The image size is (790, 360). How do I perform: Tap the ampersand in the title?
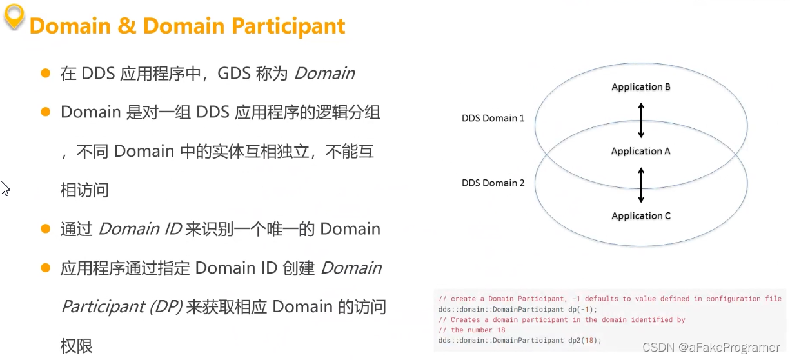[x=123, y=26]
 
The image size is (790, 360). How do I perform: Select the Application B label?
[x=640, y=87]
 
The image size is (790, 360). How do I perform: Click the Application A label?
[x=640, y=151]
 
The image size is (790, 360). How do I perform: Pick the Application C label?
[x=640, y=215]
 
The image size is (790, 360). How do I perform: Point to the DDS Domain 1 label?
[x=493, y=118]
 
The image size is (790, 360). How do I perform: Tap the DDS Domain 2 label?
[x=493, y=183]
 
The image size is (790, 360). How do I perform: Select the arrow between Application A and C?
[x=640, y=185]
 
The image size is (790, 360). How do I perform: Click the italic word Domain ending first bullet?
[x=324, y=74]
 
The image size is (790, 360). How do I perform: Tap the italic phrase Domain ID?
[x=139, y=229]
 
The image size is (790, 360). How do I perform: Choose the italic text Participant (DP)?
[x=122, y=306]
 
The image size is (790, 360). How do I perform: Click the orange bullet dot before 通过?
[x=46, y=228]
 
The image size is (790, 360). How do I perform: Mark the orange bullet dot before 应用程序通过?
[x=46, y=267]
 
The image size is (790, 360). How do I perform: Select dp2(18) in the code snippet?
[x=585, y=340]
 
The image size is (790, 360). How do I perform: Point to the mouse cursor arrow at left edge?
[x=5, y=188]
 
